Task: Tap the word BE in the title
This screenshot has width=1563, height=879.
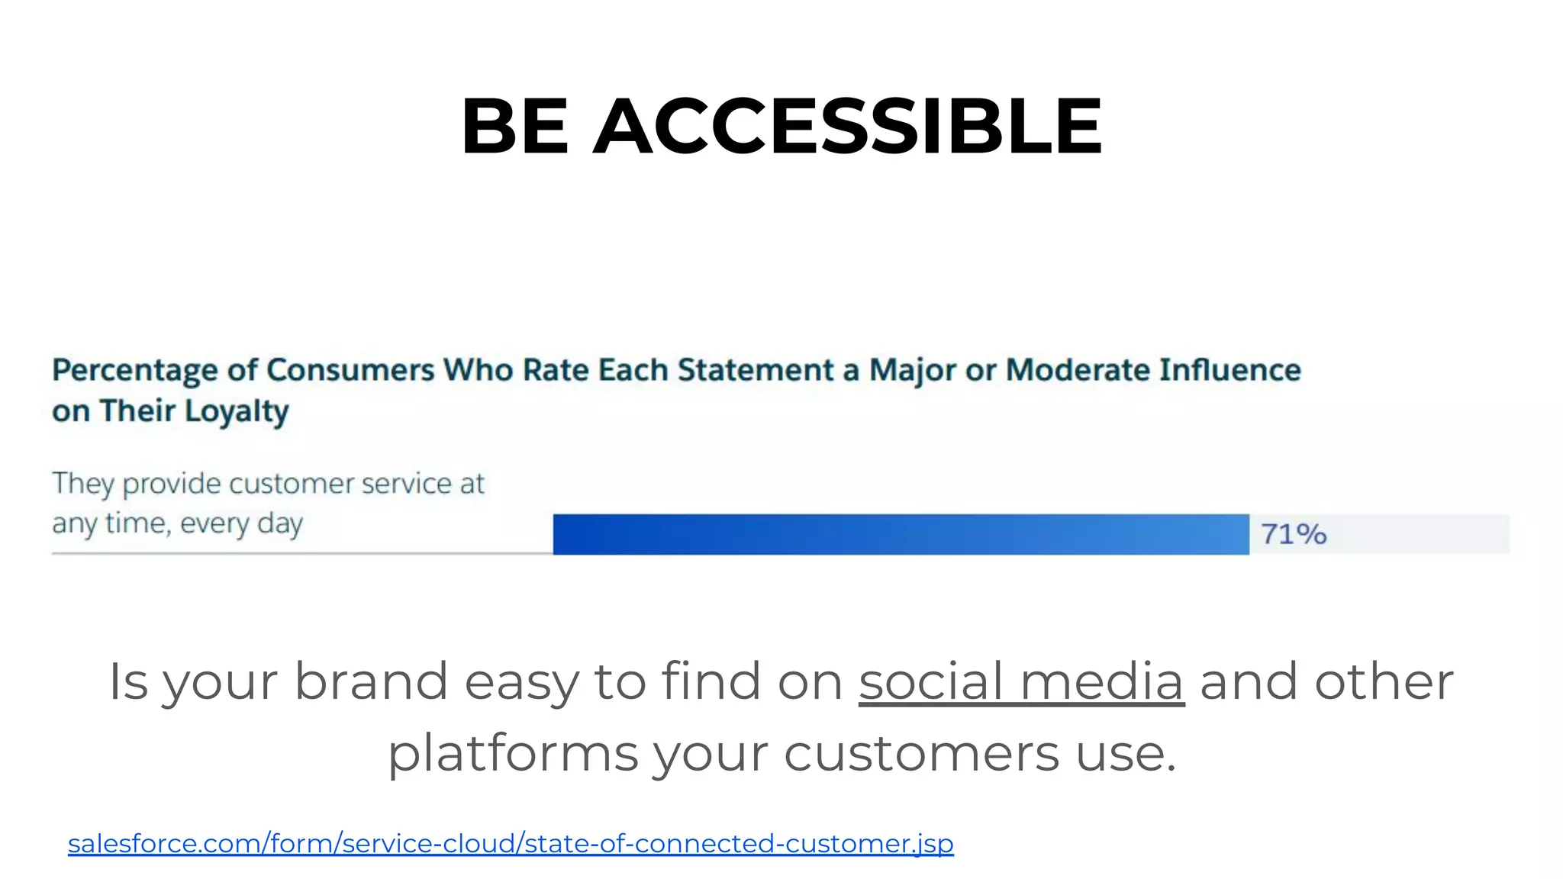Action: pos(514,126)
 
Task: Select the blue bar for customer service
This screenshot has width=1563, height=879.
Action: pos(901,534)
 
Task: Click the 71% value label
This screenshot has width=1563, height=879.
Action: pos(1294,534)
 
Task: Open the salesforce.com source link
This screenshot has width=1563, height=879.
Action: pos(511,844)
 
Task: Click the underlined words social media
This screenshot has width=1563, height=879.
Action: pos(1021,681)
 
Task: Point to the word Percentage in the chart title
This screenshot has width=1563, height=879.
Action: pos(134,371)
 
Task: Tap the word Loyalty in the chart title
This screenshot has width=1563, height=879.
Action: pos(237,412)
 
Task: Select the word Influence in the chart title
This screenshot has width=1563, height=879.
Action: pos(1229,370)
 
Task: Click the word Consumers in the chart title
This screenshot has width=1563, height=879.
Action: pos(350,370)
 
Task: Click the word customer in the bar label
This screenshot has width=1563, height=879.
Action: pos(291,484)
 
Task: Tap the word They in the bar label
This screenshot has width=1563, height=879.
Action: pos(82,484)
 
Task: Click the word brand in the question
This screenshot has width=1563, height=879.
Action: pos(371,681)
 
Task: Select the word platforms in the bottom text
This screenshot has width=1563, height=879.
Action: pos(513,754)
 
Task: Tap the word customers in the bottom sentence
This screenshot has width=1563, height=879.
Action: pos(922,754)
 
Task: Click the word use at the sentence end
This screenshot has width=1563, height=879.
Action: pos(1126,754)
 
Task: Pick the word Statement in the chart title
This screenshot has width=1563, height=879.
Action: pos(756,370)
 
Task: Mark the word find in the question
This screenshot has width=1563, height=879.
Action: pos(711,681)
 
